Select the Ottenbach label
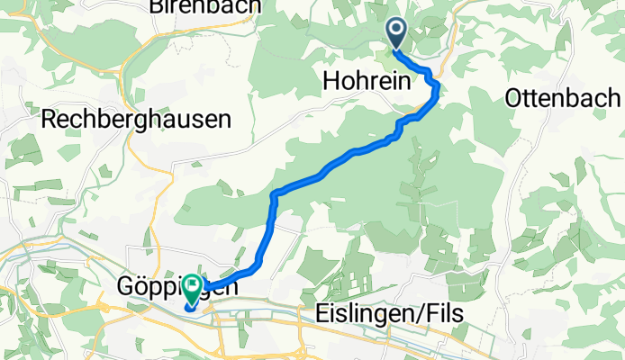(565, 97)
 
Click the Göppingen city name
(178, 288)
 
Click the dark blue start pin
(396, 32)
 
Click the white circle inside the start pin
(396, 30)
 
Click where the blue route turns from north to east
(273, 194)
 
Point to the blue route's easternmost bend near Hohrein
(438, 86)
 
